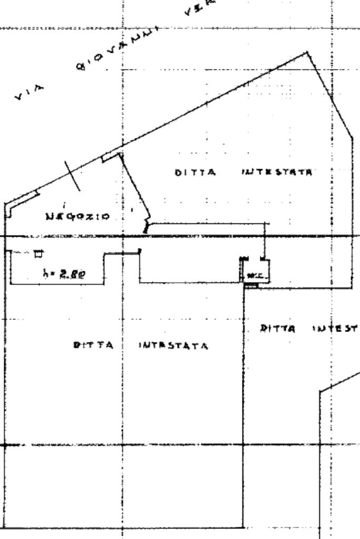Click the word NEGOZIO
(x=78, y=217)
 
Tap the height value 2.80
(x=73, y=273)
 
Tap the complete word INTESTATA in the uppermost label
(x=277, y=172)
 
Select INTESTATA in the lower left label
(x=173, y=346)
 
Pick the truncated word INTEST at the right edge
(x=335, y=328)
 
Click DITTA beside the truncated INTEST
(x=278, y=328)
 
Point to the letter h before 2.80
(x=45, y=273)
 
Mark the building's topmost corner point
(x=307, y=52)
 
